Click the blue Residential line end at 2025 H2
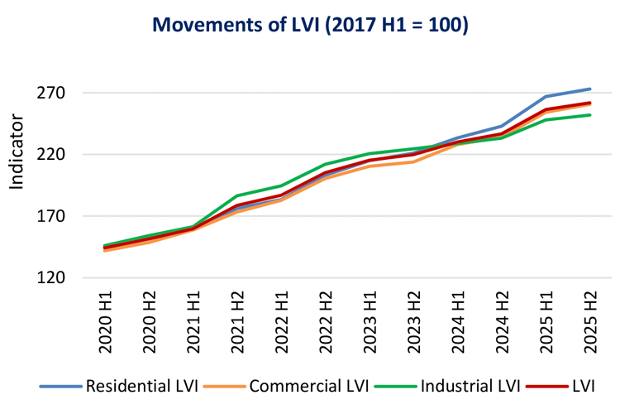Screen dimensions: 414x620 [589, 89]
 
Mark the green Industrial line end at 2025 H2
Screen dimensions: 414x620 [589, 114]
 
